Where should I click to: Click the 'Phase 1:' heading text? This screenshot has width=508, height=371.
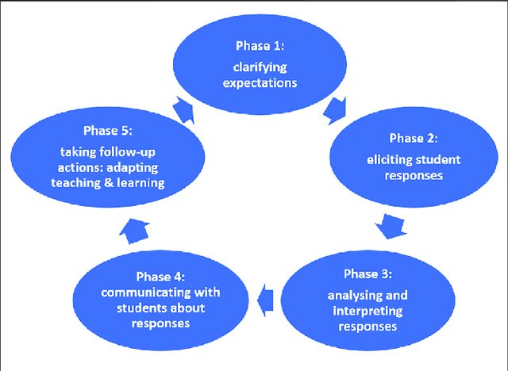click(260, 46)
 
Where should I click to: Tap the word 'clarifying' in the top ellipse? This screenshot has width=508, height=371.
click(260, 67)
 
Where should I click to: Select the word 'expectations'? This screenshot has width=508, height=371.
click(260, 83)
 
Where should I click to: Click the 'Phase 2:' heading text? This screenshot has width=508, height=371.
click(414, 138)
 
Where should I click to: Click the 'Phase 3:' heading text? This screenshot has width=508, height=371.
click(368, 273)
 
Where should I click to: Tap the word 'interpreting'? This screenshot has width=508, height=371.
click(368, 312)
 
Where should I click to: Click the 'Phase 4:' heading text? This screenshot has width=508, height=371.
click(160, 277)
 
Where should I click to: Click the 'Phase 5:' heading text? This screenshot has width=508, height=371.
click(108, 131)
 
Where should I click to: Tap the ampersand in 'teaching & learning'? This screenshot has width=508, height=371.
click(109, 183)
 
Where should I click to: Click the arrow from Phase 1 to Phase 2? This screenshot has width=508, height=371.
click(336, 111)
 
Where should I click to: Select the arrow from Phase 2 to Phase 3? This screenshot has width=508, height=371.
click(391, 226)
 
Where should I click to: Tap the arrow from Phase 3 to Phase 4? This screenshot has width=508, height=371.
click(265, 300)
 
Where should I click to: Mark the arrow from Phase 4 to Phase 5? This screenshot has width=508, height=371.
click(134, 231)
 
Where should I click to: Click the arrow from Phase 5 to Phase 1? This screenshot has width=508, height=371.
click(183, 110)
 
